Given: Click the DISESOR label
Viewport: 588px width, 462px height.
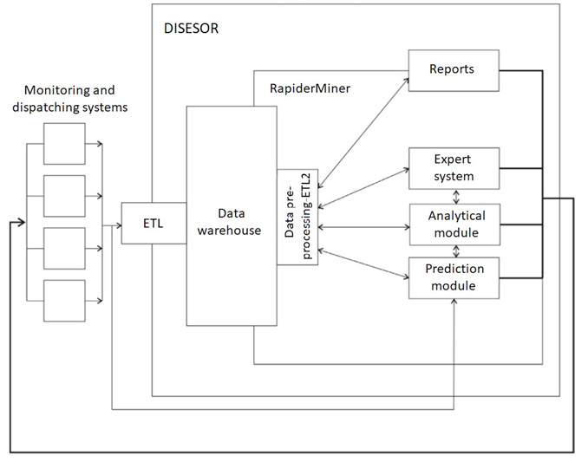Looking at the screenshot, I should click(191, 28).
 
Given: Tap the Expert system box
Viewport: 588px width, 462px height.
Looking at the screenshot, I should click(454, 167).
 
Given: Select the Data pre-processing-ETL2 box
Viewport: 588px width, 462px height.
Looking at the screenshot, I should click(297, 218).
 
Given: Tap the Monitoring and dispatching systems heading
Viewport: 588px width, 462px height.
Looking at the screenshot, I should click(76, 98).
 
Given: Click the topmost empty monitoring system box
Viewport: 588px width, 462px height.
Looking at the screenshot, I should click(64, 144).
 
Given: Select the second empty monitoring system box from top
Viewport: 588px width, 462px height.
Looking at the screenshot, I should click(64, 196).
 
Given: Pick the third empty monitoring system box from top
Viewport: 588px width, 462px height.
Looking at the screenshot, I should click(64, 249).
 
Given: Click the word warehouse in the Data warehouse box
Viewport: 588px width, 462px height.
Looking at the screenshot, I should click(232, 230).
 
